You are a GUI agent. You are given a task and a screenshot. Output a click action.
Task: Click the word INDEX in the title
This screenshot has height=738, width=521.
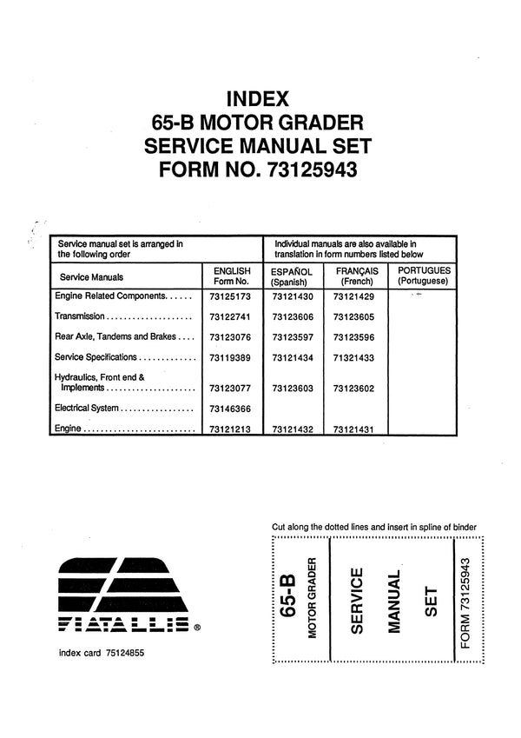[x=258, y=98]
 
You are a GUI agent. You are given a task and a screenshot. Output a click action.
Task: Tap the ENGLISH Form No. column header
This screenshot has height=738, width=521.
[x=231, y=276]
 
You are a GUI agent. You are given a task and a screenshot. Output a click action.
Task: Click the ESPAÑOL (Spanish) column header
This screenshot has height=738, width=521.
[x=292, y=276]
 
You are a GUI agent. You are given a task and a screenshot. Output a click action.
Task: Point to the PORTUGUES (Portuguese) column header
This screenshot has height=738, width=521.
[x=424, y=276]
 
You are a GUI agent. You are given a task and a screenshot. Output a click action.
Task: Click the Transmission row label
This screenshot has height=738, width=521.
[x=80, y=316]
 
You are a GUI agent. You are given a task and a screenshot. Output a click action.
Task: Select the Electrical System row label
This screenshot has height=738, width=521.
[x=87, y=408]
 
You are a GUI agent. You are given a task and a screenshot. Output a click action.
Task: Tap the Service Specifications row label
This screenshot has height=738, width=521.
[x=96, y=357]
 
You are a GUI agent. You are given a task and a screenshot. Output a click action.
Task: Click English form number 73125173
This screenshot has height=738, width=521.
[x=230, y=296]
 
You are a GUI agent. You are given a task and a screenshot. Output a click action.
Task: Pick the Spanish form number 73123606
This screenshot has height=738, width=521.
[x=292, y=316]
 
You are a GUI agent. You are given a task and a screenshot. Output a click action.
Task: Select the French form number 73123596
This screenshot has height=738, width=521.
[x=353, y=336]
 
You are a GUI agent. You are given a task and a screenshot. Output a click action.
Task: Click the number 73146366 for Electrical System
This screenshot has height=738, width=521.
[x=230, y=408]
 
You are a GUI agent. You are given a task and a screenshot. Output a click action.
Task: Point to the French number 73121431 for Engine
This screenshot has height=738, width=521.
[x=353, y=429]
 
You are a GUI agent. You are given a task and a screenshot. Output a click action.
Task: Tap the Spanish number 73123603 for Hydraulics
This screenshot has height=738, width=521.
[x=292, y=388]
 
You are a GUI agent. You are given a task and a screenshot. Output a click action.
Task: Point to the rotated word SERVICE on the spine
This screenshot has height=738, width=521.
[x=355, y=600]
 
